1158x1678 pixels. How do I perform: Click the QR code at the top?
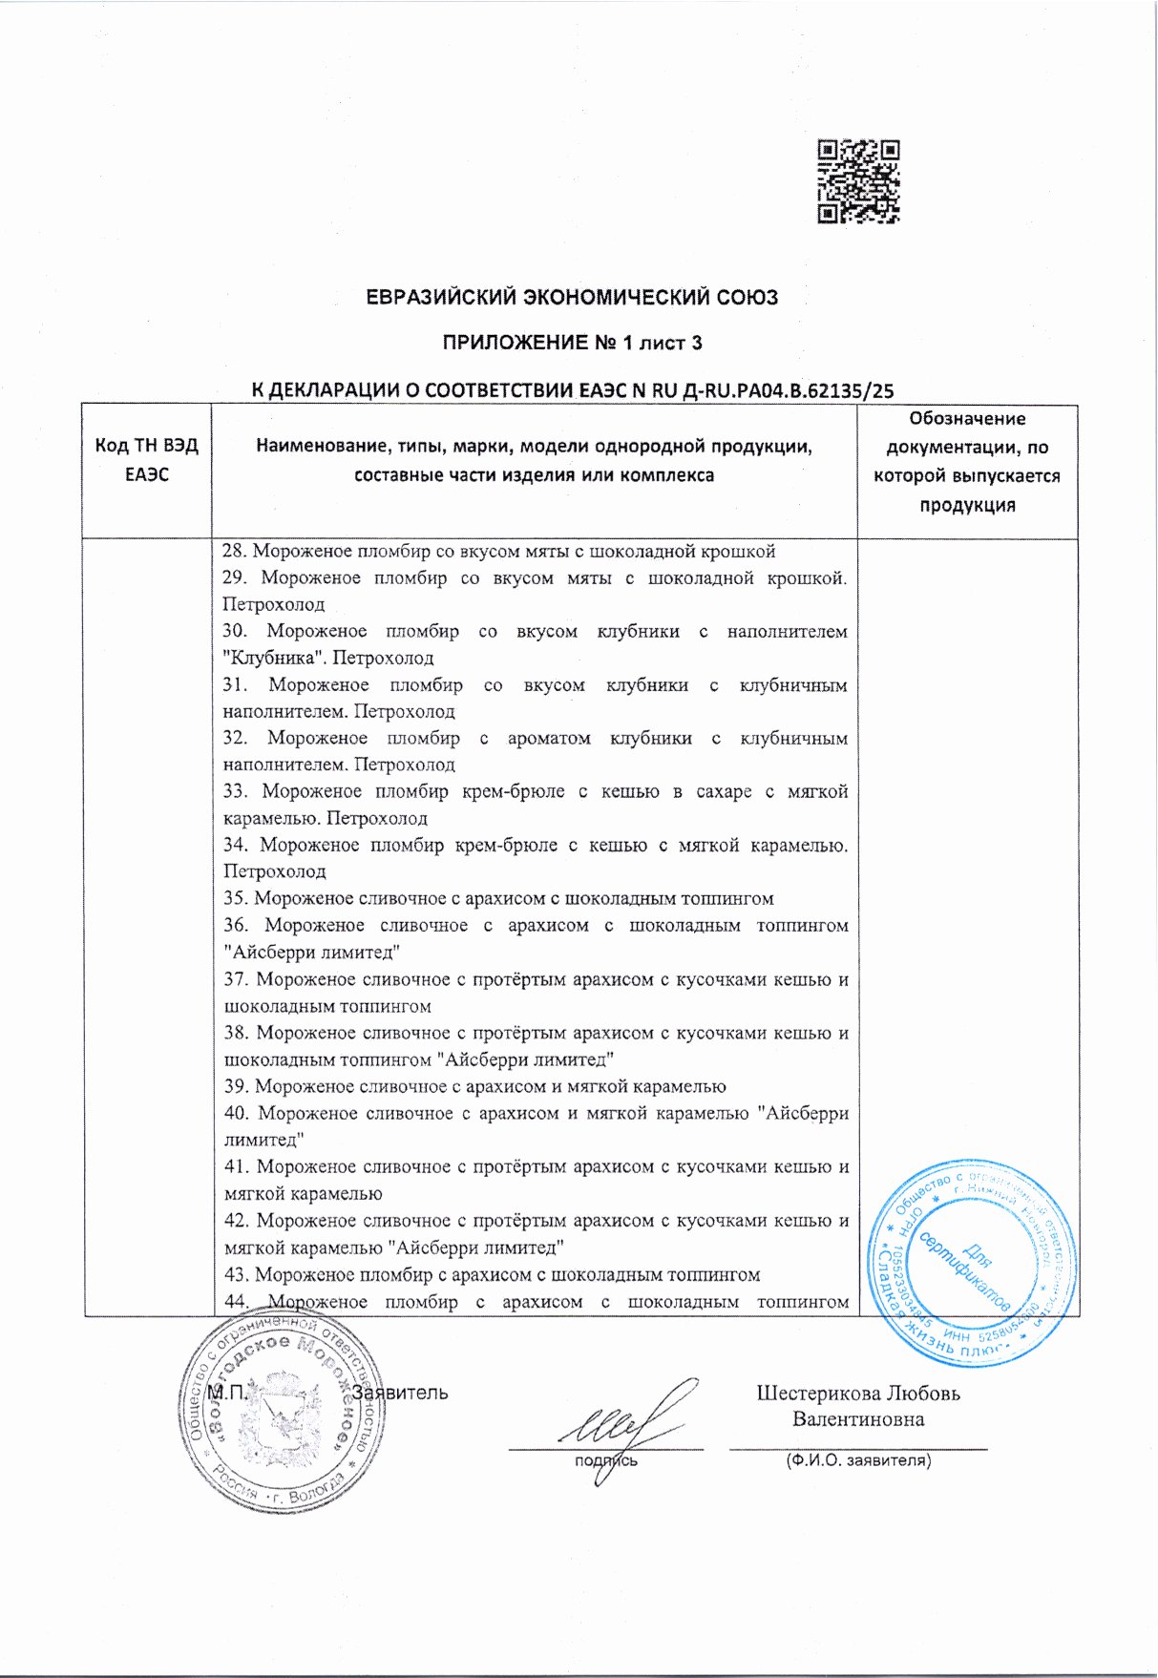coord(858,181)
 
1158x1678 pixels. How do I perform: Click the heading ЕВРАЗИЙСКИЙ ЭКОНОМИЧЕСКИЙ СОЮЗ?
coord(572,297)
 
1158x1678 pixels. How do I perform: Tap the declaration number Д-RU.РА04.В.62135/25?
coord(790,389)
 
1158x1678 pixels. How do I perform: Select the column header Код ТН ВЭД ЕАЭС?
coord(146,460)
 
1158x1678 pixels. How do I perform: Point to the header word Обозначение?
coord(967,418)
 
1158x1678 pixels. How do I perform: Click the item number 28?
coord(234,551)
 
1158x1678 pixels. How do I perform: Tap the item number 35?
coord(236,898)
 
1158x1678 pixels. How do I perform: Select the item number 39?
coord(236,1086)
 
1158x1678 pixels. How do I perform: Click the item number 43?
coord(236,1274)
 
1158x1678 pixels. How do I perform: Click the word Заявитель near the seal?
coord(400,1393)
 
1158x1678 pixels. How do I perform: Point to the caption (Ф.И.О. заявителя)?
coord(858,1460)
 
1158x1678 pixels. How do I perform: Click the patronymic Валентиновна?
coord(858,1419)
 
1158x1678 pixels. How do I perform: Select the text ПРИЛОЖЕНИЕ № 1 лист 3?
coord(572,343)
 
